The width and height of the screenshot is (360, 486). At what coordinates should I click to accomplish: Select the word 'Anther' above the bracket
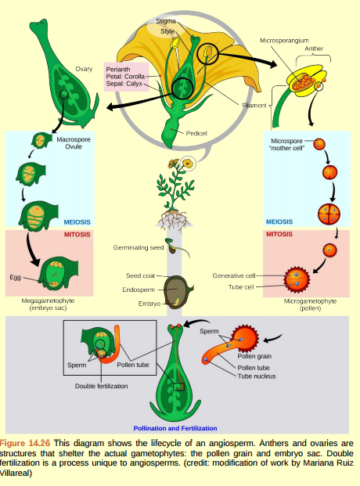coord(314,49)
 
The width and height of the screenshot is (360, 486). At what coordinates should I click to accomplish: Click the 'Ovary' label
coord(84,70)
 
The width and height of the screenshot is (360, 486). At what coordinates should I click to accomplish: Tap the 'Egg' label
coord(15,277)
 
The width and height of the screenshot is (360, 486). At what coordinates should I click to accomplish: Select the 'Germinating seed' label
coord(136,247)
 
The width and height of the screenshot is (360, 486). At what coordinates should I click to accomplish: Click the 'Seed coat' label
coord(141,276)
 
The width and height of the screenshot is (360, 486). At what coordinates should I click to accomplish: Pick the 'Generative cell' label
coord(234,275)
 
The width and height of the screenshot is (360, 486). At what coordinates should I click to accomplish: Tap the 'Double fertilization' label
coord(103,386)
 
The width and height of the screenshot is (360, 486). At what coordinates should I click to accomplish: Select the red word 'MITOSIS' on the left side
coord(77,234)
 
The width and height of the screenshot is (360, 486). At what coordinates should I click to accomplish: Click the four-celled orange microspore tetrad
coord(329,213)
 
